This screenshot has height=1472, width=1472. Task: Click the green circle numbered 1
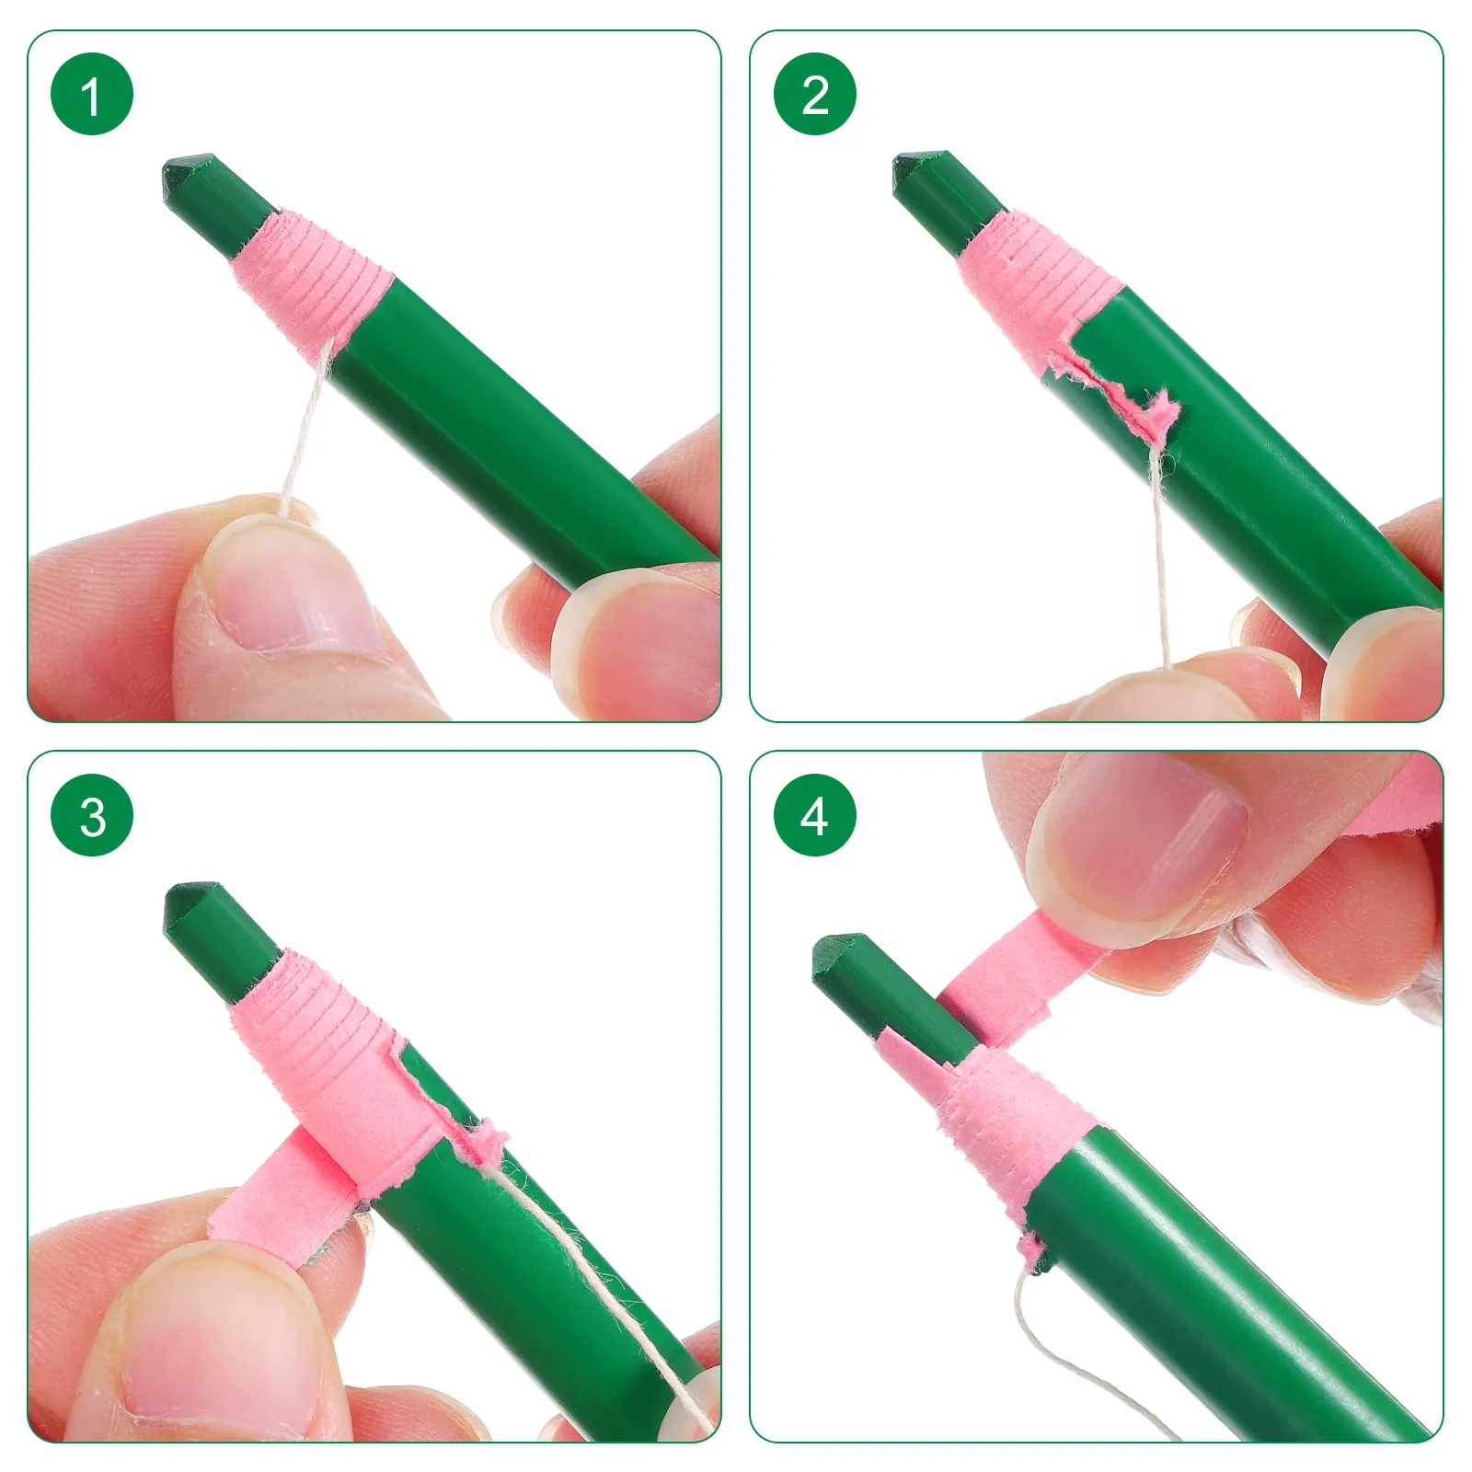tap(92, 94)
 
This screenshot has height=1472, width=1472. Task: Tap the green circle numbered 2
tap(815, 94)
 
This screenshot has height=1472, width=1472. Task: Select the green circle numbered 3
tap(92, 815)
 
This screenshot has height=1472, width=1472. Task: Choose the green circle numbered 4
tap(815, 815)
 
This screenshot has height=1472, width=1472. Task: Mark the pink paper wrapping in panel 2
tap(1040, 276)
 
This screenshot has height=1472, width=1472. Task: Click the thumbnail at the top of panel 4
tap(1141, 842)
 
